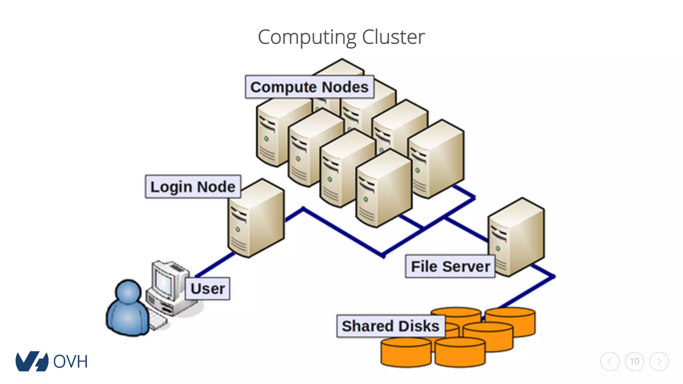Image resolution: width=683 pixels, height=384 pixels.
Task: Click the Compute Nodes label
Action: click(x=309, y=87)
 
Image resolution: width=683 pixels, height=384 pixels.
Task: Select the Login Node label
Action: click(x=193, y=187)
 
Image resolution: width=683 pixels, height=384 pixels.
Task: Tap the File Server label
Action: click(x=450, y=266)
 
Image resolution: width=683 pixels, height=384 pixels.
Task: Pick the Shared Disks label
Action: click(x=390, y=326)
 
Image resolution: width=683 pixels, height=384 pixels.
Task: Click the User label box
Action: click(x=207, y=289)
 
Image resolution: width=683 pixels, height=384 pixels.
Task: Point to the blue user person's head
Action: click(x=128, y=291)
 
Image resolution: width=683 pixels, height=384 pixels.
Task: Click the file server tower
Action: click(x=517, y=237)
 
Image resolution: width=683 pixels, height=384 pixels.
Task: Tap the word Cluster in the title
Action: click(x=393, y=37)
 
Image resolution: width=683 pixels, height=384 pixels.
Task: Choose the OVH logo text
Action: click(x=70, y=362)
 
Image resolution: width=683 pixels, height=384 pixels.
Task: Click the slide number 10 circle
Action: click(x=634, y=361)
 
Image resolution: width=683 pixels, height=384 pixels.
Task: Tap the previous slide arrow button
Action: click(x=610, y=361)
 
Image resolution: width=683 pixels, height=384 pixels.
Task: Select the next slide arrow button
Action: click(x=659, y=361)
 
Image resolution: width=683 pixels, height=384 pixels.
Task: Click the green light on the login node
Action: click(x=238, y=229)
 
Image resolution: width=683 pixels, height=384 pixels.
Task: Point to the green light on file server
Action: click(x=498, y=248)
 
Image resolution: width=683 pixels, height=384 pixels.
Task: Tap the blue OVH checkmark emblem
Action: click(x=31, y=361)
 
